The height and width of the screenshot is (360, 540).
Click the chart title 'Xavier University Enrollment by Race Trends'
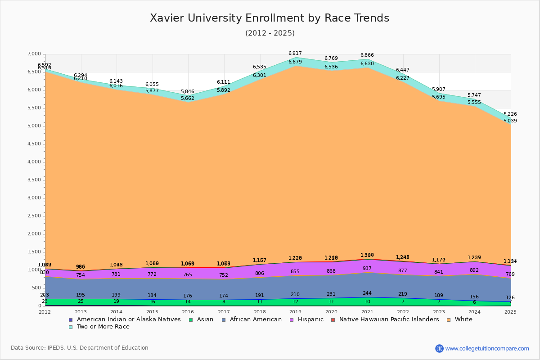click(270, 18)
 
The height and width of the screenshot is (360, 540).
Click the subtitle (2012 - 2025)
click(270, 33)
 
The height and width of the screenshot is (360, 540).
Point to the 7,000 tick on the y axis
click(34, 54)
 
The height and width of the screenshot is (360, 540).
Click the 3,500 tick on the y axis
click(34, 180)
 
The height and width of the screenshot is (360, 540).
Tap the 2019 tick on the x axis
click(295, 312)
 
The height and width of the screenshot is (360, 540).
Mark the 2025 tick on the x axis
click(510, 312)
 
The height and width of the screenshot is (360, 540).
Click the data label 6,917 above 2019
click(295, 54)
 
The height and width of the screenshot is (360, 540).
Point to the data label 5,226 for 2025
click(510, 114)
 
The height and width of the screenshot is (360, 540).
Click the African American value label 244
click(367, 293)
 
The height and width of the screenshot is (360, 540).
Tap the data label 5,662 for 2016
click(188, 99)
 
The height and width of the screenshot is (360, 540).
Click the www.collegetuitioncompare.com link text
click(487, 348)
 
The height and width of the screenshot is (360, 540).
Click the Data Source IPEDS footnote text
click(80, 348)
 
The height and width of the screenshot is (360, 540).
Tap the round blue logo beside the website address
click(439, 348)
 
